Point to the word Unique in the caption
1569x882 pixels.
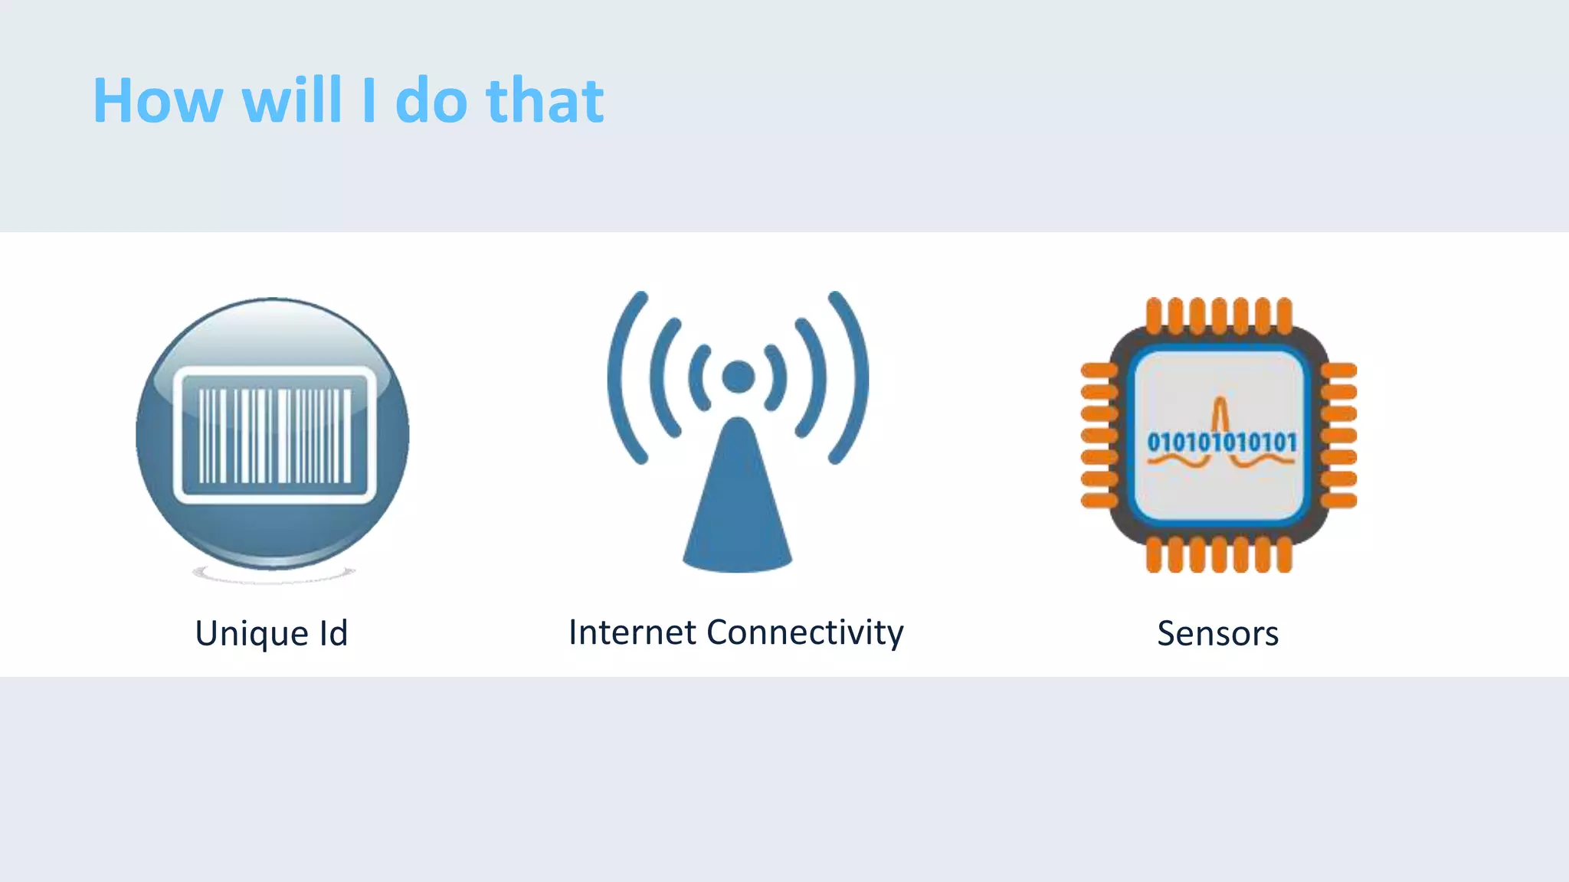pos(252,634)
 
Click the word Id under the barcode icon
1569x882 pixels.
pos(333,633)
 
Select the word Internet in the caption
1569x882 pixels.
pos(632,632)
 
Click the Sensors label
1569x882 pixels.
pos(1217,634)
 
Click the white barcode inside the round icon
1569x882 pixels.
pos(274,436)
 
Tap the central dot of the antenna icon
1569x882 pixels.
pos(739,377)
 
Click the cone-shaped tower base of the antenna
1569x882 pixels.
pos(737,505)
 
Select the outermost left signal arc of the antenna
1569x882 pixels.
pos(622,377)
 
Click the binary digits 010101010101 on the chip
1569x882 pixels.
pos(1221,443)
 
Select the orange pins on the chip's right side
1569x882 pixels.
pos(1339,436)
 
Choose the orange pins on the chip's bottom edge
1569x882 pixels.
pos(1219,555)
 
